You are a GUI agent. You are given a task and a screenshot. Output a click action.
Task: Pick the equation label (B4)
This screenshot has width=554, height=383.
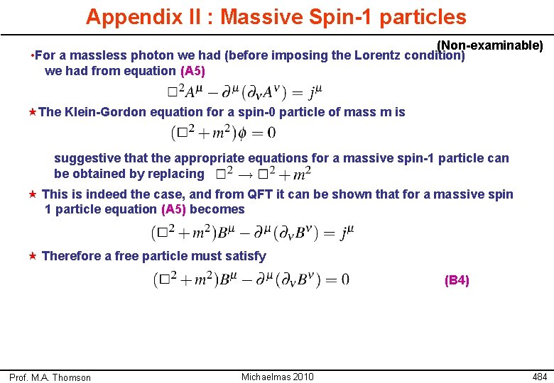[x=457, y=280]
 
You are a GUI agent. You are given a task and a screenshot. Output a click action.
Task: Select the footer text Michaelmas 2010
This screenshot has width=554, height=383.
[x=277, y=377]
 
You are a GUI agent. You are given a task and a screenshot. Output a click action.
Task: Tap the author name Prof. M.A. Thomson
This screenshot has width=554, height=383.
[x=50, y=377]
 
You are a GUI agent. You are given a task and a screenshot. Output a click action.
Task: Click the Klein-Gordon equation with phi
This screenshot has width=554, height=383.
[x=223, y=132]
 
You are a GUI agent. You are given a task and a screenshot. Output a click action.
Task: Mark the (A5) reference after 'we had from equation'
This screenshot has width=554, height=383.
[x=193, y=70]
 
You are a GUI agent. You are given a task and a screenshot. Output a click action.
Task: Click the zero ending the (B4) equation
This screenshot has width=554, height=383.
[x=345, y=279]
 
